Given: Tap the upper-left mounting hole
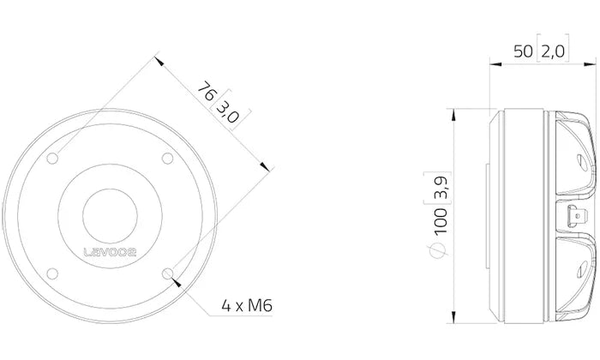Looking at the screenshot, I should [x=54, y=157].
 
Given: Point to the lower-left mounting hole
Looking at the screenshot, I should [x=54, y=271].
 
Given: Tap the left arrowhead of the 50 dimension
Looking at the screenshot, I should [x=492, y=63].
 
